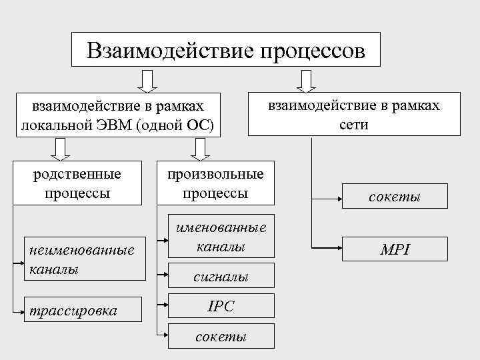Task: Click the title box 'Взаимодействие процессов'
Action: (x=225, y=49)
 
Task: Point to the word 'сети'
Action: (x=353, y=125)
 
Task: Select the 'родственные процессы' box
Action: (x=78, y=183)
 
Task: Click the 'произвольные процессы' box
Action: (x=215, y=183)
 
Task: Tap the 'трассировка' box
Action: (x=82, y=311)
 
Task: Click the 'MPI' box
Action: (x=395, y=250)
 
